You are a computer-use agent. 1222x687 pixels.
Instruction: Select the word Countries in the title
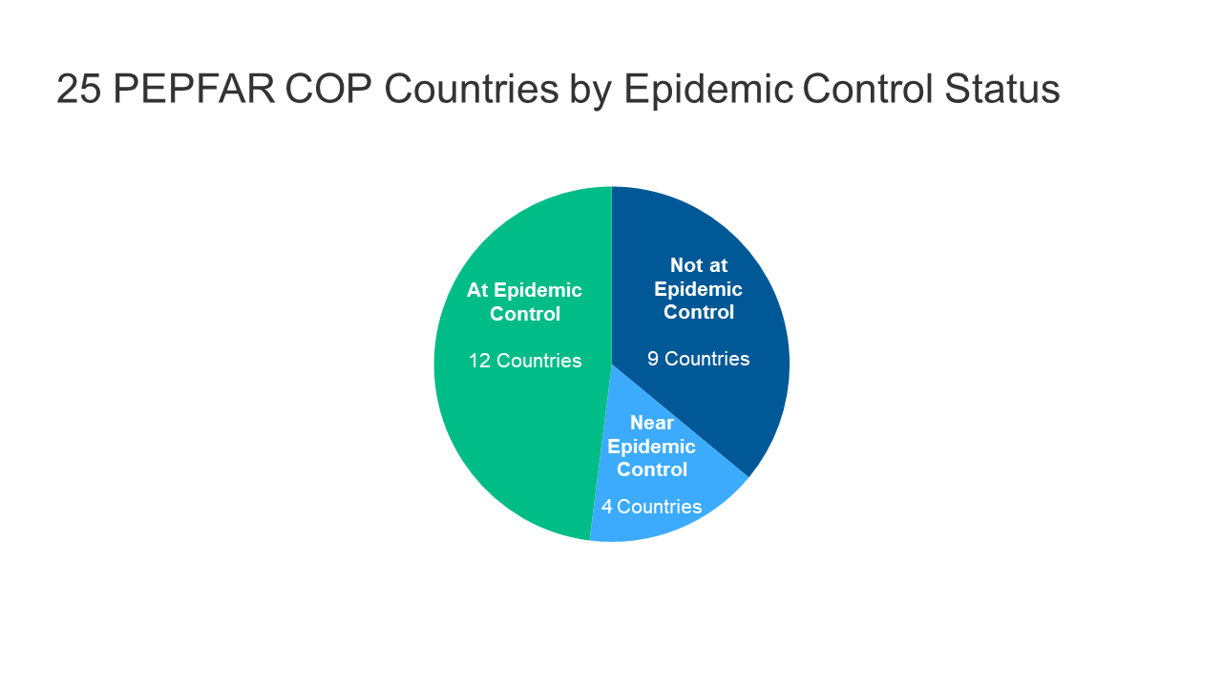tap(472, 89)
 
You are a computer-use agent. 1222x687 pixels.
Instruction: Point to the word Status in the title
tap(1001, 89)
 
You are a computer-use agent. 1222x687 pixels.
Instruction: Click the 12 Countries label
tap(524, 361)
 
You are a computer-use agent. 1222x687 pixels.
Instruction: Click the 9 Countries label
tap(698, 359)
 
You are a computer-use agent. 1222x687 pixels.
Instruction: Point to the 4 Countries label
tap(651, 507)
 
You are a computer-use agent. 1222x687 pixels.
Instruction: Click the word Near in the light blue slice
tap(652, 423)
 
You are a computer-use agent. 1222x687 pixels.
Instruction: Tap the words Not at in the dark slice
tap(698, 265)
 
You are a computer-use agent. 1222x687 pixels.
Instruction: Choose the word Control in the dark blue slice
tap(698, 312)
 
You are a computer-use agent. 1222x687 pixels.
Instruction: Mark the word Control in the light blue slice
tap(652, 469)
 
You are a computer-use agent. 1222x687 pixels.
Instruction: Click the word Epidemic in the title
tap(708, 89)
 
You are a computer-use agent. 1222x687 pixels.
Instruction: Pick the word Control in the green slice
tap(524, 314)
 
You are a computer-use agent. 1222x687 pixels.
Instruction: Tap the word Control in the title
tap(868, 89)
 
